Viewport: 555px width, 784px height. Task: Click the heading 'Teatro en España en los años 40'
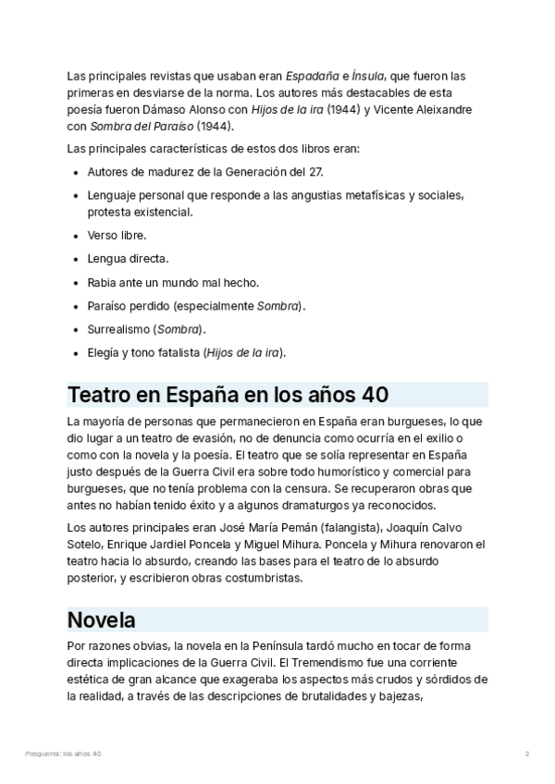[x=228, y=395]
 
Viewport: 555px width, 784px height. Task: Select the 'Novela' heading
[x=102, y=619]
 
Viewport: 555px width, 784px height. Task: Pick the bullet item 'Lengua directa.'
[x=128, y=258]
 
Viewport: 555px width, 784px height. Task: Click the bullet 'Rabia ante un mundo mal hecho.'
[x=173, y=282]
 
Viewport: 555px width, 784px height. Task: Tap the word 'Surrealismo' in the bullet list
[x=119, y=329]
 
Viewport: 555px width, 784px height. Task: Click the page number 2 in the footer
[x=526, y=754]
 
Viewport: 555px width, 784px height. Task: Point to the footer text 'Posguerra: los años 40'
[x=64, y=754]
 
